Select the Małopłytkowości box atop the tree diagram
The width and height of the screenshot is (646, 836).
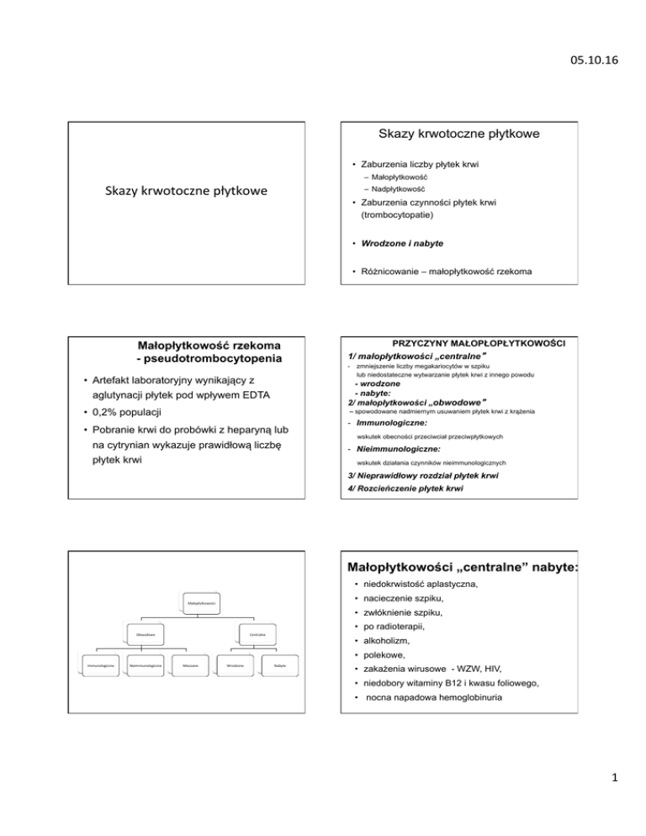click(201, 602)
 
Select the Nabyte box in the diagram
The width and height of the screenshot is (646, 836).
click(280, 665)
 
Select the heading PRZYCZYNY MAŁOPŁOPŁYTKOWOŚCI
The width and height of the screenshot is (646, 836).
click(479, 344)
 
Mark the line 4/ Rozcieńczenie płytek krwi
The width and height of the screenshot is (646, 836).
click(417, 489)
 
